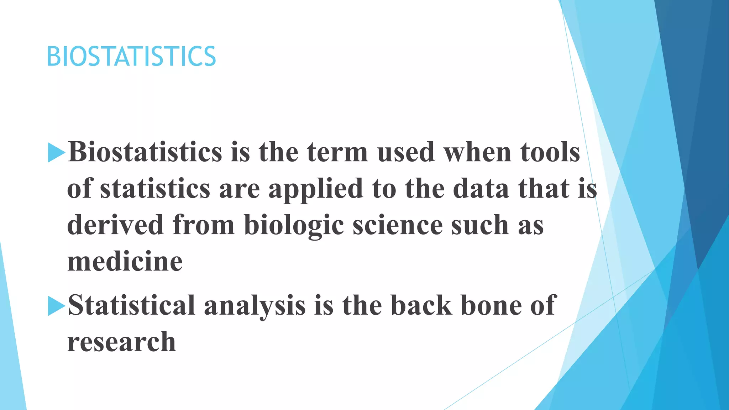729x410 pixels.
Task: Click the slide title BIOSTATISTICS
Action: pyautogui.click(x=131, y=57)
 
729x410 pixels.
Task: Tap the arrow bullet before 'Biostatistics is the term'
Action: pyautogui.click(x=56, y=152)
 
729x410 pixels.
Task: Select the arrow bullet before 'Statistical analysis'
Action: pyautogui.click(x=56, y=306)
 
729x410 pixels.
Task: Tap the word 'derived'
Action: pyautogui.click(x=115, y=225)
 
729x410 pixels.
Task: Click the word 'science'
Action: pyautogui.click(x=398, y=225)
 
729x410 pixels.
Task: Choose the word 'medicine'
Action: pyautogui.click(x=125, y=262)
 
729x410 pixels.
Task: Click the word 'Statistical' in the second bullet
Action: pyautogui.click(x=131, y=306)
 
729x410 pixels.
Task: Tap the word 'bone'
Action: pyautogui.click(x=491, y=306)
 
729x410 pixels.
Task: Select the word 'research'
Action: pyautogui.click(x=121, y=342)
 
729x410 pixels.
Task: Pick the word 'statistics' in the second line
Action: pyautogui.click(x=155, y=189)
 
